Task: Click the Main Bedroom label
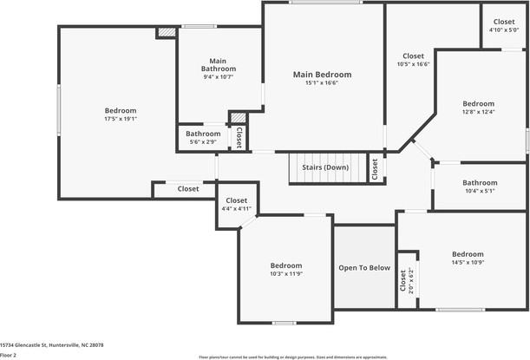(322, 75)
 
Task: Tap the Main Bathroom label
(218, 64)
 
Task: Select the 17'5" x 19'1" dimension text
(121, 119)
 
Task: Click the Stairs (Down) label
(325, 167)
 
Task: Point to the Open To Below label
(364, 267)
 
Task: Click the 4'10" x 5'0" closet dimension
(503, 30)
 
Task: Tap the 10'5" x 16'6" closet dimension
(413, 64)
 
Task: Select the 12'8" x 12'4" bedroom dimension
(478, 111)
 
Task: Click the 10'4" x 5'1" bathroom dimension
(480, 191)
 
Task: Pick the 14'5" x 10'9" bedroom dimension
(467, 262)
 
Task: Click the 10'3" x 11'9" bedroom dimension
(285, 274)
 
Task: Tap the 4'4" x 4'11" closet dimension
(236, 208)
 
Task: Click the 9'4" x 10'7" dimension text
(218, 77)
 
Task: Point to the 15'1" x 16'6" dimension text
(322, 83)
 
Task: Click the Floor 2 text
(10, 354)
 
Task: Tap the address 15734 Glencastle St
(52, 344)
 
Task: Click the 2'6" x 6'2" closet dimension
(410, 281)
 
